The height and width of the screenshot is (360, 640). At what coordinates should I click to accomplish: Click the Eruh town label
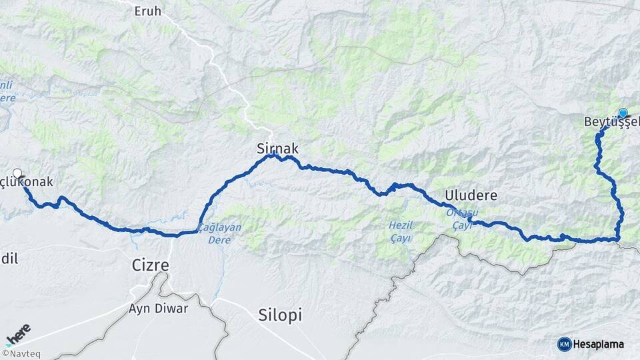point(148,11)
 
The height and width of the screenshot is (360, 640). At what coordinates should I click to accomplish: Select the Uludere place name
point(469,195)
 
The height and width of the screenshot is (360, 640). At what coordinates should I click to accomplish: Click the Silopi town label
point(280,315)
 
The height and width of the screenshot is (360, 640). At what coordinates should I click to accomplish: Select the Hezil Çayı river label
point(401,231)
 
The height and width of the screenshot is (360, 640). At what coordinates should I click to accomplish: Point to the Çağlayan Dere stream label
point(219,231)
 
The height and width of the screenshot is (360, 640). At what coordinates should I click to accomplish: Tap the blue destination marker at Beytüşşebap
point(623,113)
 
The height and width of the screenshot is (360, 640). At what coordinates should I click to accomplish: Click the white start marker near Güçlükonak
point(17,173)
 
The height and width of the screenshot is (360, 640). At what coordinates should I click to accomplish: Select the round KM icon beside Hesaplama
point(565,344)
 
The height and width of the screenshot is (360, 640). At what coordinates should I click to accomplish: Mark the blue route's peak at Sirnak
point(272,155)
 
